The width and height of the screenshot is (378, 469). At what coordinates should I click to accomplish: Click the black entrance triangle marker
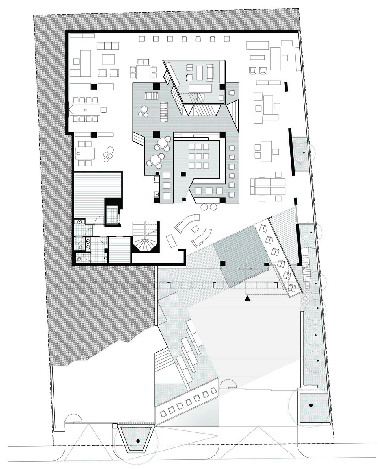[x=247, y=299]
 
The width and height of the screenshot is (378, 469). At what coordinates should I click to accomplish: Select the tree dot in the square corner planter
[x=311, y=405]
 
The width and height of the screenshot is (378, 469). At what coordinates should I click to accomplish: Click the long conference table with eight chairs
[x=86, y=109]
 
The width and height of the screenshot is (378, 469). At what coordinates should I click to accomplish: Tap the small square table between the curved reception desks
[x=195, y=229]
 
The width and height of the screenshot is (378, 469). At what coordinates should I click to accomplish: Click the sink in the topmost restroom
[x=80, y=222]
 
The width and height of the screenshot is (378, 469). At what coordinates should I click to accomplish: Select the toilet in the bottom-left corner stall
[x=79, y=259]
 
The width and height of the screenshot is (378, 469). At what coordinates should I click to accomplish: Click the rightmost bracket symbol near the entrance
[x=276, y=285]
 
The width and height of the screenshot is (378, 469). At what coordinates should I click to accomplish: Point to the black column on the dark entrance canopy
[x=222, y=263]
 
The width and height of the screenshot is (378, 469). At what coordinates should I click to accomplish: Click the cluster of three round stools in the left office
[x=108, y=154]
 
